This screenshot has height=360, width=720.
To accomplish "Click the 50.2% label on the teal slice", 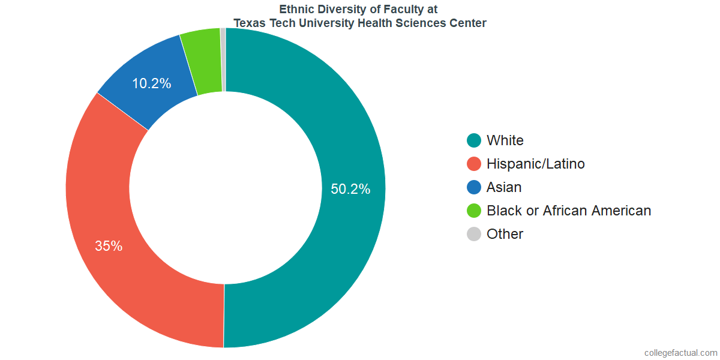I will [350, 189].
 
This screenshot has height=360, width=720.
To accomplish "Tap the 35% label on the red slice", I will [109, 246].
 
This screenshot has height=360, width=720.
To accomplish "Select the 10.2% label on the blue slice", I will [151, 83].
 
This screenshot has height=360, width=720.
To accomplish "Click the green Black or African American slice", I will [202, 62].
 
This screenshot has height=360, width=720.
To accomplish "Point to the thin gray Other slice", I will [223, 60].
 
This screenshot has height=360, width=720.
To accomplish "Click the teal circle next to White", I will [474, 140].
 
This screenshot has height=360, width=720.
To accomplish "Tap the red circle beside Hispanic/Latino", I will [474, 164].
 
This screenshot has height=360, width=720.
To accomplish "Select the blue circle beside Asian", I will [474, 187].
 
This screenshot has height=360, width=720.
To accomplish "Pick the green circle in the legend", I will [474, 211].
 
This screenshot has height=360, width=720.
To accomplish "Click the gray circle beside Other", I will [474, 234].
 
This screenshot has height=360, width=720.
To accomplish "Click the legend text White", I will [505, 140].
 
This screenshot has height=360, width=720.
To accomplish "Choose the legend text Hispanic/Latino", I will [535, 164].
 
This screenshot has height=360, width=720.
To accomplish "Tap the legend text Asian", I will [504, 187].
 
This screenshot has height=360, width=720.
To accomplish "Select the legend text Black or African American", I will [569, 211].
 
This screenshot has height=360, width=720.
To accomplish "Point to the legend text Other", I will [505, 234].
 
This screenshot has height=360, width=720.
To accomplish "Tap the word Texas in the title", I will [248, 23].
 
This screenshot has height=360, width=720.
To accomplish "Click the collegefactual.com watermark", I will [680, 352].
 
